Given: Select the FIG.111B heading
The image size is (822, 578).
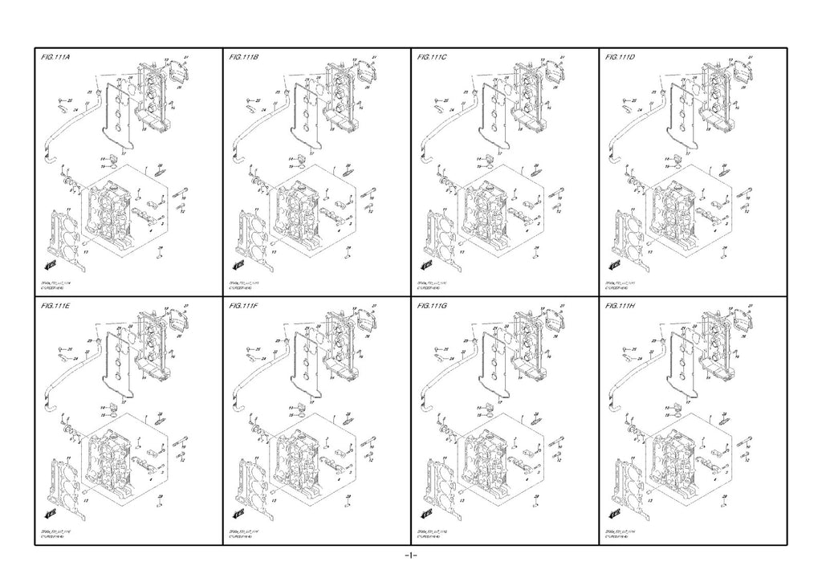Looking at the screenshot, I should coord(243,59).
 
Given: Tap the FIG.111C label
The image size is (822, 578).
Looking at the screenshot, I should coord(432,59).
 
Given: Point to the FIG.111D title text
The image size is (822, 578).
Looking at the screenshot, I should coord(620,59).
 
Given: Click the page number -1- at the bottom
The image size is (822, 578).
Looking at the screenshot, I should coord(410,556).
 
